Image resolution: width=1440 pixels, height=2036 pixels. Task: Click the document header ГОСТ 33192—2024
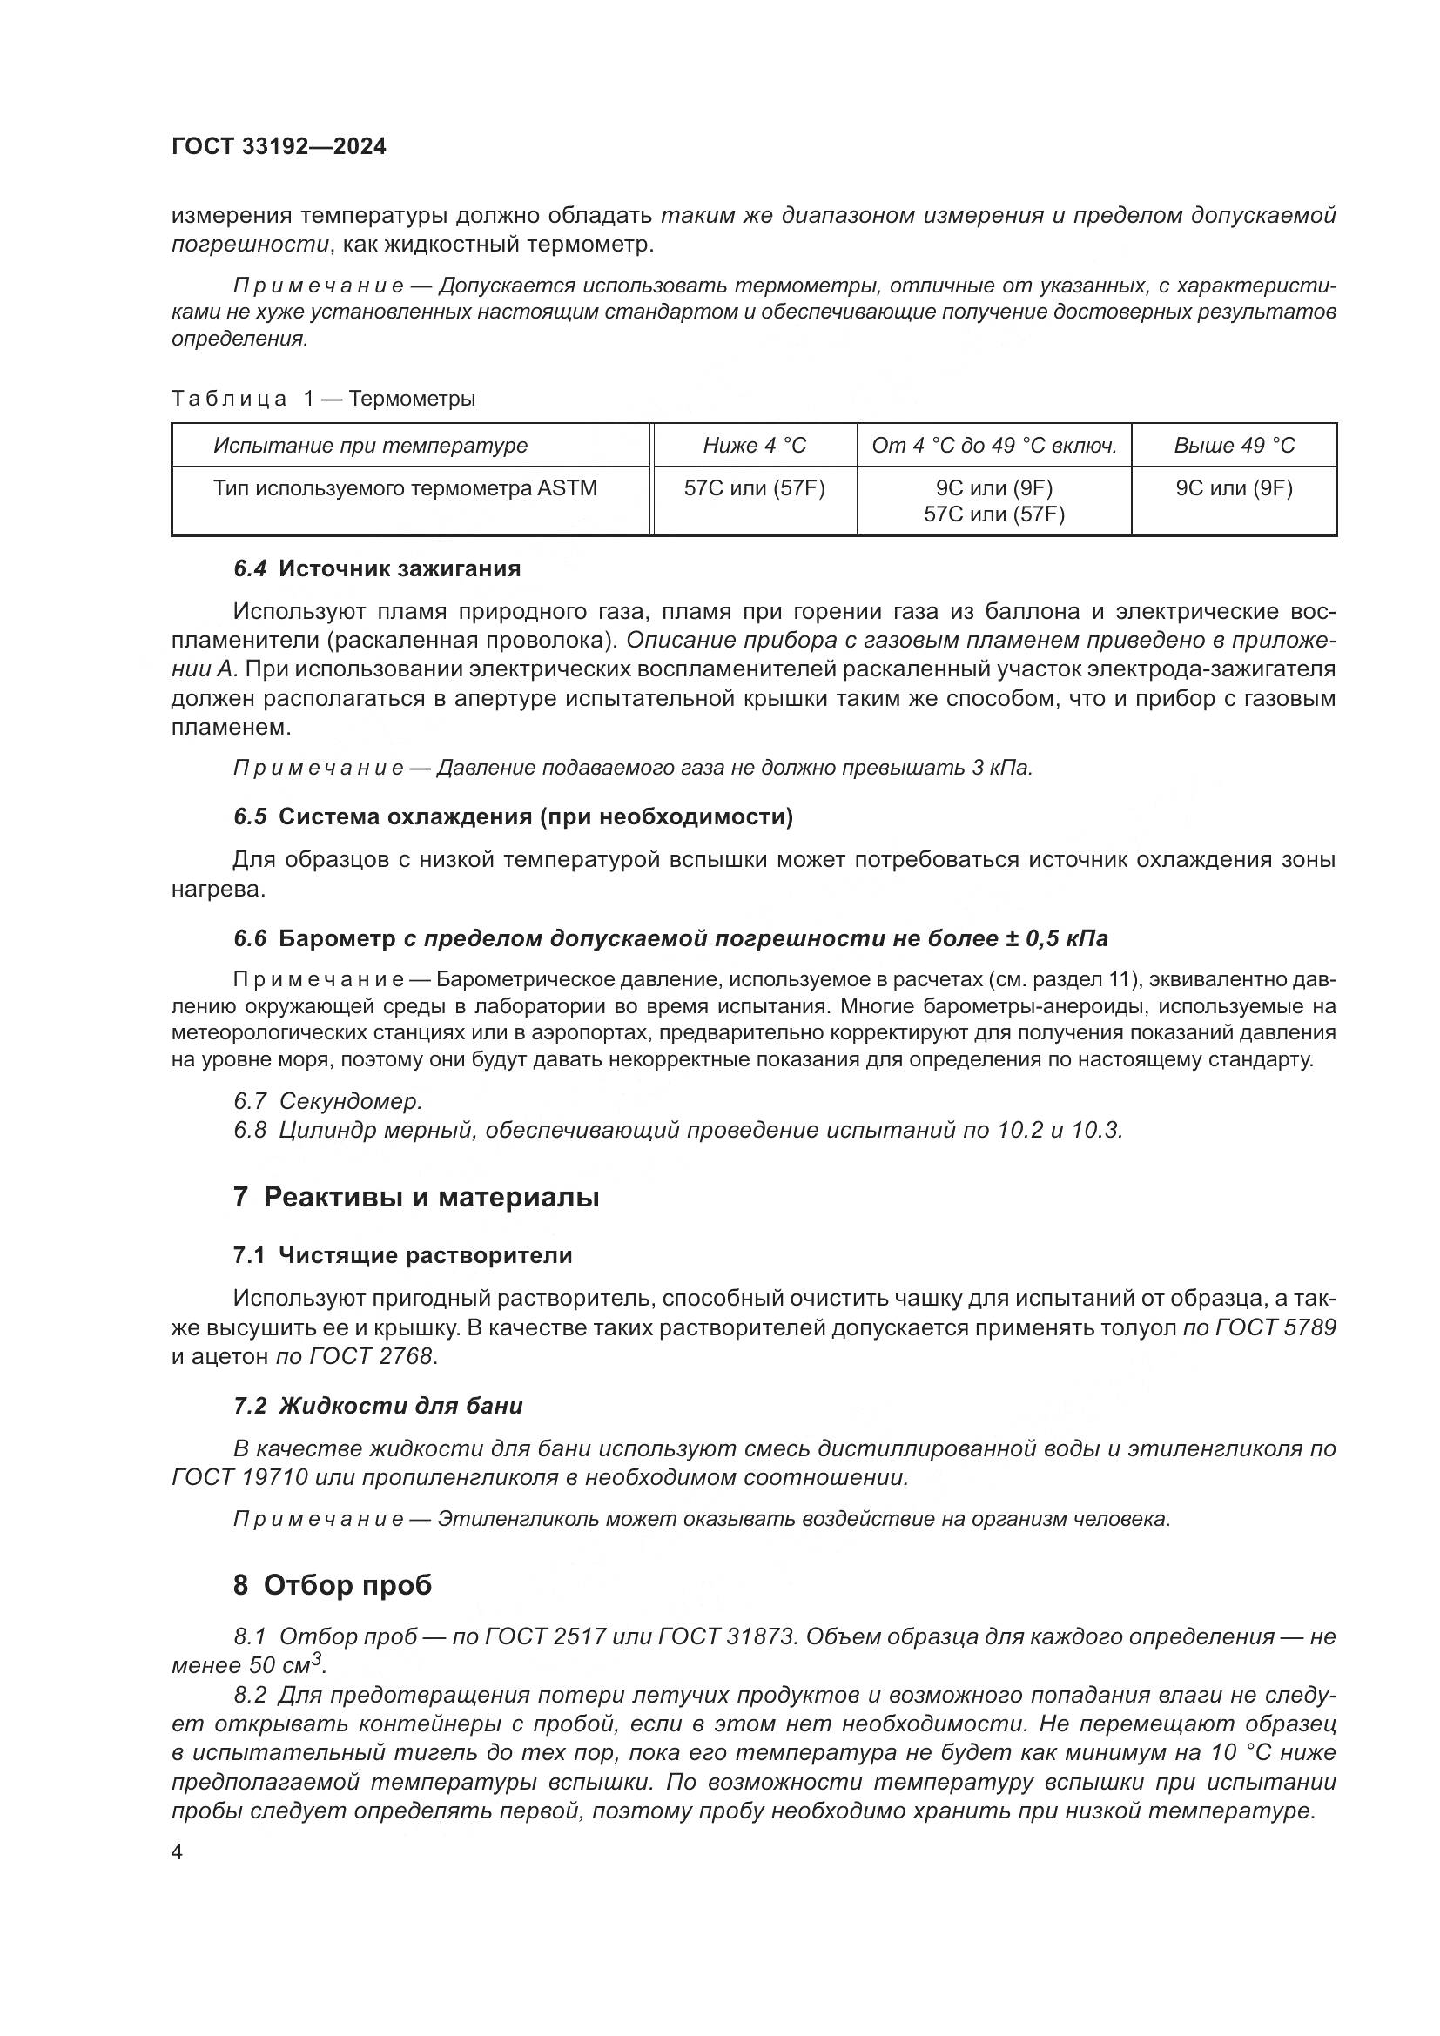point(279,147)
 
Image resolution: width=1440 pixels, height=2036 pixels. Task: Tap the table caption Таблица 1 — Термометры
point(323,399)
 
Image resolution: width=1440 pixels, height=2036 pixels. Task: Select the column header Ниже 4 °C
point(754,445)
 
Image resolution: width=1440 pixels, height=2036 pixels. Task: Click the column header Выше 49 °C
point(1234,445)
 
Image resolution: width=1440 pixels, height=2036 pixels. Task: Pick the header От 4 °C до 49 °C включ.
point(993,445)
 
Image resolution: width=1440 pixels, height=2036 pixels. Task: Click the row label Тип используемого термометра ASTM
point(404,488)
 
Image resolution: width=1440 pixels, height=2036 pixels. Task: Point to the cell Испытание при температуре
point(370,445)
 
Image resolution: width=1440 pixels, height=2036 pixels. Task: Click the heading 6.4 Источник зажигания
point(377,568)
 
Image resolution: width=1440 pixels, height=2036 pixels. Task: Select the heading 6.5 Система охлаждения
point(513,816)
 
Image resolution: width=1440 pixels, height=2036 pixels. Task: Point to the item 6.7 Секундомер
point(328,1101)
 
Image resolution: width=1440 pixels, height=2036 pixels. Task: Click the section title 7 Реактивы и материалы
point(416,1197)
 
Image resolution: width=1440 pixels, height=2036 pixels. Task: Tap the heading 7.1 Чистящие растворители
point(402,1256)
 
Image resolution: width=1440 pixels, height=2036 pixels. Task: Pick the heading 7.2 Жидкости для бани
point(378,1406)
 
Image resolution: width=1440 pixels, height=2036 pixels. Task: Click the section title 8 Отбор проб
point(333,1584)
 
